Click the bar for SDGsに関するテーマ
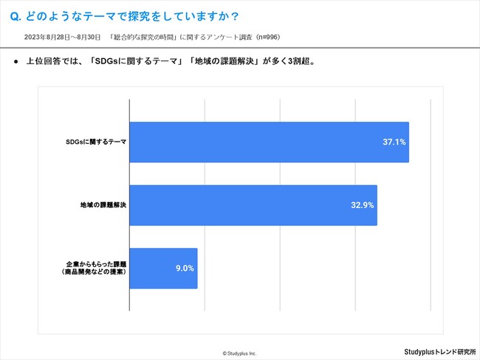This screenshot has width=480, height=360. click(269, 142)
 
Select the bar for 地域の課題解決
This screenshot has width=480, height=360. click(253, 205)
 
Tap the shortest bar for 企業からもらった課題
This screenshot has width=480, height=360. click(163, 268)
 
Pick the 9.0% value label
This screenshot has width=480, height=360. click(184, 268)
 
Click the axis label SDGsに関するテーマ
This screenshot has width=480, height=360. click(95, 142)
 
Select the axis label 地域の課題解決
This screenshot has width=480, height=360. click(103, 205)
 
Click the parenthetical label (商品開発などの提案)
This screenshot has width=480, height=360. click(93, 272)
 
